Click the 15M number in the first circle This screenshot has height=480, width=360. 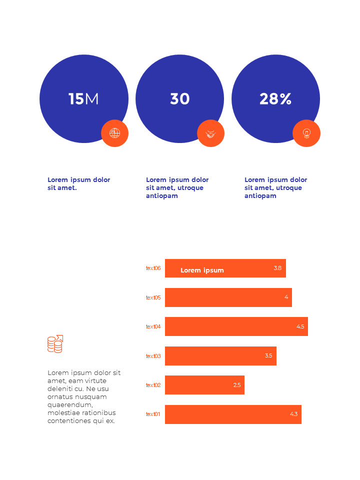coord(83,99)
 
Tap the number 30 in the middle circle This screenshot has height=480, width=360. coord(179,99)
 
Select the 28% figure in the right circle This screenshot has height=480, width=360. coord(275,99)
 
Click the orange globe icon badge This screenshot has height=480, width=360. coord(115,133)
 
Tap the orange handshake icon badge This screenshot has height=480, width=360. coord(211,133)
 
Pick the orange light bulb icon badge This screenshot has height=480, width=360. coord(306,133)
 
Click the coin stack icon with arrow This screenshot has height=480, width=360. coord(55,344)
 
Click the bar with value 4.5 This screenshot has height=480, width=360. coord(236,326)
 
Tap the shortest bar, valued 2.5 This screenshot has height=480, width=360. coord(204,385)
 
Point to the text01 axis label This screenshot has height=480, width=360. coord(153,414)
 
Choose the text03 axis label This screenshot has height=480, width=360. coord(153,356)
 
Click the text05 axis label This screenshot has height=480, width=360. coord(153,297)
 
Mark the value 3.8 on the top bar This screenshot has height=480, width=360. coord(277,268)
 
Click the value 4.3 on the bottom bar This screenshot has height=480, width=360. coord(293,414)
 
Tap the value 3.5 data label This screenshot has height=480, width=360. coord(268,356)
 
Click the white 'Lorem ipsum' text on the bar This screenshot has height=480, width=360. coord(202,270)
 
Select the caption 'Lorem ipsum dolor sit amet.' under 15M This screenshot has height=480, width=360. coord(78,183)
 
